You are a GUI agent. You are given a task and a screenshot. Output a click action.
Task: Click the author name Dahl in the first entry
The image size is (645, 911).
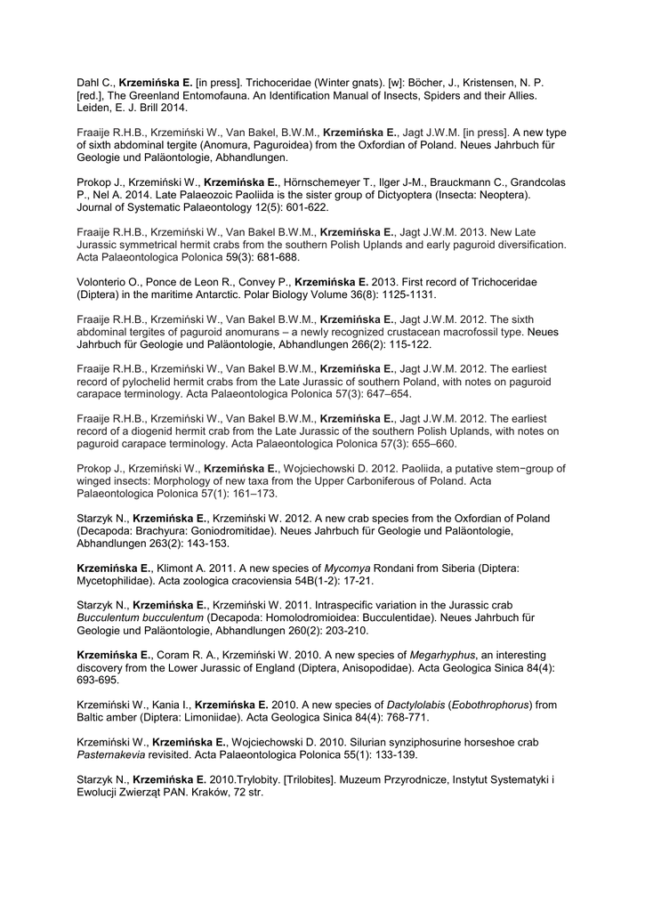pyautogui.click(x=88, y=82)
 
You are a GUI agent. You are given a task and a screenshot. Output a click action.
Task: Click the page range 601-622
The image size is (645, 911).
pyautogui.click(x=305, y=207)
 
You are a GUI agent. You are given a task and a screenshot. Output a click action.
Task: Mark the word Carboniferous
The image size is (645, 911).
pyautogui.click(x=337, y=480)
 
